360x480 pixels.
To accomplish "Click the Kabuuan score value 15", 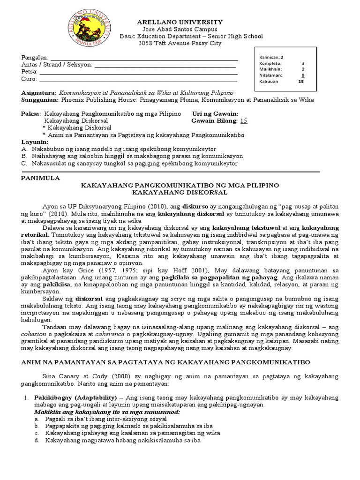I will pyautogui.click(x=301, y=81).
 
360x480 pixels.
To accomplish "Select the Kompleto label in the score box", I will pyautogui.click(x=270, y=63).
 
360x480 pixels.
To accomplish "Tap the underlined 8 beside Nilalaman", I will pyautogui.click(x=303, y=75).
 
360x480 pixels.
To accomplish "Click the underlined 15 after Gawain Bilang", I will pyautogui.click(x=243, y=120).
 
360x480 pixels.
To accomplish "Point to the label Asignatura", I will pyautogui.click(x=39, y=93).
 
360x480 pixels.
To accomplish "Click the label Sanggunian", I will pyautogui.click(x=40, y=100).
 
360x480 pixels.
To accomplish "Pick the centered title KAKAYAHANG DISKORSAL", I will pyautogui.click(x=180, y=192).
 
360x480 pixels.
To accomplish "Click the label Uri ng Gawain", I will pyautogui.click(x=215, y=113).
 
